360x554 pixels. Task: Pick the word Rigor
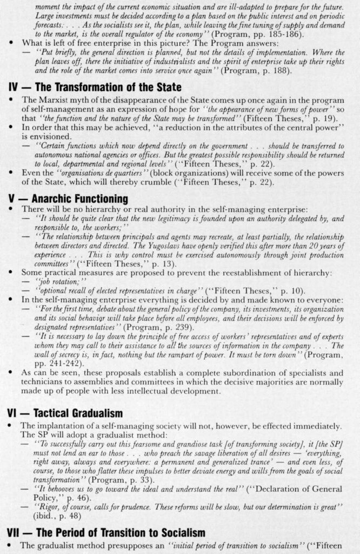(47, 506)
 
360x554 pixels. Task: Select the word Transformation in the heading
(84, 87)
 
